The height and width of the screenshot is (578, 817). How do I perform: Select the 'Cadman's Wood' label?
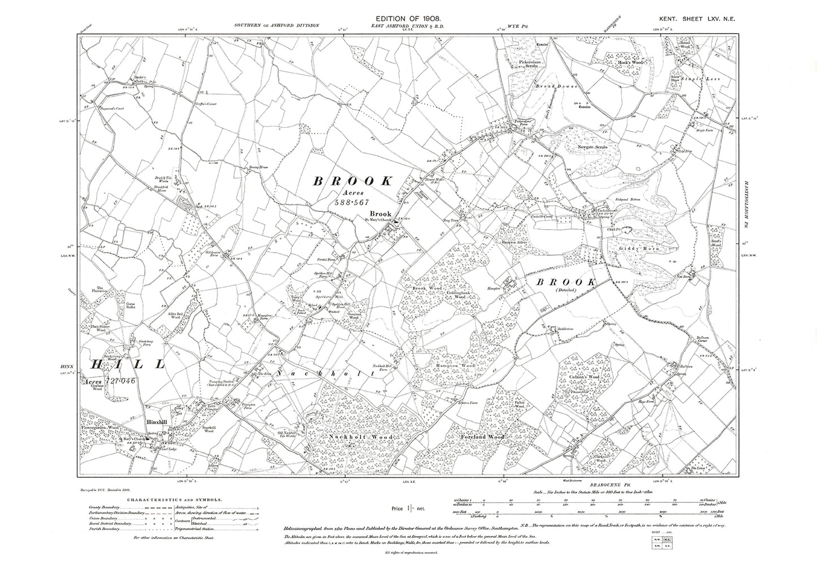tap(584, 377)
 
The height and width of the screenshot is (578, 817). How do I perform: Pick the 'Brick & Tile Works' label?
tap(165, 179)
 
